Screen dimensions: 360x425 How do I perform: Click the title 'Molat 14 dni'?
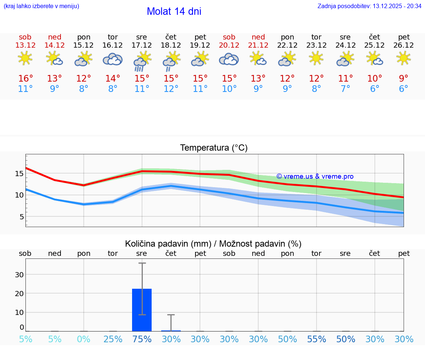pos(174,11)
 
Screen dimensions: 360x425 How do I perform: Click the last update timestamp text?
pos(369,6)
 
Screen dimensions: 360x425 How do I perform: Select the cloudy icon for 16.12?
pos(113,59)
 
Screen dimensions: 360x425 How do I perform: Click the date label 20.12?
pos(229,45)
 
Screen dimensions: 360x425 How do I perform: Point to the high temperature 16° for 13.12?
pos(25,79)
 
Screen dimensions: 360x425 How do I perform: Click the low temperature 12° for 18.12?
pos(171,89)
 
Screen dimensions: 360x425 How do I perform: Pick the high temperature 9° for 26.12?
pos(404,79)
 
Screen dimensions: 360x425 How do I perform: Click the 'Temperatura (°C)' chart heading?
pos(214,148)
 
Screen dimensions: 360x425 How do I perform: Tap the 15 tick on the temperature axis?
pos(20,174)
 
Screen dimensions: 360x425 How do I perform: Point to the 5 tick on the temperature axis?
pos(22,217)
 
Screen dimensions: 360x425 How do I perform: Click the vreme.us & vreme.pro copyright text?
pos(315,176)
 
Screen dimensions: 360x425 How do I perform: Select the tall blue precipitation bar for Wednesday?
pos(142,310)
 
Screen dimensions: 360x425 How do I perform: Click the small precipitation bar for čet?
pos(171,330)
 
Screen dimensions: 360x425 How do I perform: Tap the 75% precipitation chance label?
pos(142,339)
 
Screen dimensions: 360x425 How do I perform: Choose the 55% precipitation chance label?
pos(317,339)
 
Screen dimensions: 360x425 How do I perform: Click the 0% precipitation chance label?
pos(84,339)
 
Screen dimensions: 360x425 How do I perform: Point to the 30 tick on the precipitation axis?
pos(19,274)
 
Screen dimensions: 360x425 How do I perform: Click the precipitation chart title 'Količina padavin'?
pos(168,244)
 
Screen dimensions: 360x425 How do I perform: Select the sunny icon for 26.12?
pos(404,58)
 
